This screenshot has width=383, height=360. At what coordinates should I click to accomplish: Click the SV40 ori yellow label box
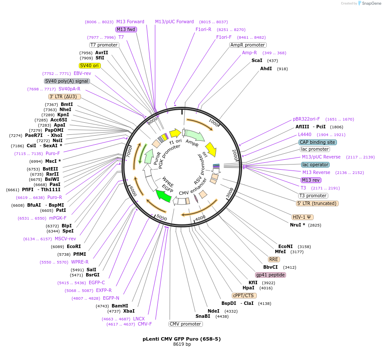tap(90, 65)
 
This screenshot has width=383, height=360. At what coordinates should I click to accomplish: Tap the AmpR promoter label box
tap(248, 45)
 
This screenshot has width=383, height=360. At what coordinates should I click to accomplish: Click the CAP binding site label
tap(318, 142)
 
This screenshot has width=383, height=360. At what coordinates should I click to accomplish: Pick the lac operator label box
tap(315, 164)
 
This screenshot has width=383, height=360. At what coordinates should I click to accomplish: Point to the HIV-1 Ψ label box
tap(303, 217)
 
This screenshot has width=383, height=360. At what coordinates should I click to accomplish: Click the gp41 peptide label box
tap(270, 275)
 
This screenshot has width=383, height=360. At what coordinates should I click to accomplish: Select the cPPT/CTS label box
tap(243, 295)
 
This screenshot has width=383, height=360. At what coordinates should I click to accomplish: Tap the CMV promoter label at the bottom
tap(185, 324)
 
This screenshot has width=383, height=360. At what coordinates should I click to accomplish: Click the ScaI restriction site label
tap(257, 60)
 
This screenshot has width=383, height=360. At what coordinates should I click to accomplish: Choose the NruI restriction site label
tap(297, 225)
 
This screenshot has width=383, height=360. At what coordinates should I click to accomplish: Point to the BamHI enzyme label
tap(120, 306)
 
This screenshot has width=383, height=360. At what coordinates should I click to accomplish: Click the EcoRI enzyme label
tap(74, 246)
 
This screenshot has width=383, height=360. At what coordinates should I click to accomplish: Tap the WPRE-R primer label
tap(80, 262)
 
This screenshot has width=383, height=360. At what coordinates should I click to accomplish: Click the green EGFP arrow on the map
tap(164, 196)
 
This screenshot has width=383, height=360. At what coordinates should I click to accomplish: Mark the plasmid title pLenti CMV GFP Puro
tap(181, 339)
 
